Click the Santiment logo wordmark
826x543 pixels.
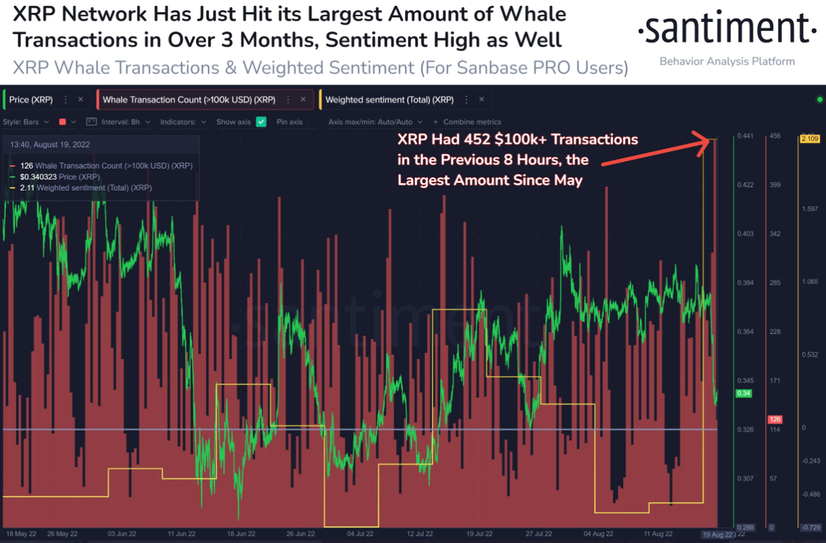coord(727,29)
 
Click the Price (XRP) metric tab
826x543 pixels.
coord(31,100)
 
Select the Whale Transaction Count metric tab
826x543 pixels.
coord(189,100)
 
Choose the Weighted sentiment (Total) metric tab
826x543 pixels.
coord(389,100)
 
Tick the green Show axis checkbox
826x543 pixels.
coord(261,121)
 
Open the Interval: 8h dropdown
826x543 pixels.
coord(125,121)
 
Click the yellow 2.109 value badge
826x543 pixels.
coord(809,139)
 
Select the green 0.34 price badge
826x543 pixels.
coord(743,393)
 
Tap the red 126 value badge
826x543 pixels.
coord(774,420)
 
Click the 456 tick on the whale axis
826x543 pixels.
coord(774,136)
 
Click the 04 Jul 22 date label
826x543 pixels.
coord(359,534)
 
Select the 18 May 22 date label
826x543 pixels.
coord(21,534)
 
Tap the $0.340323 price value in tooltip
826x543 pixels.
coord(38,176)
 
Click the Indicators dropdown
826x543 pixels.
coord(183,121)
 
